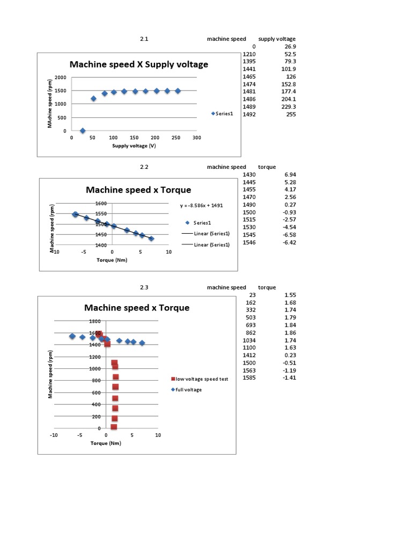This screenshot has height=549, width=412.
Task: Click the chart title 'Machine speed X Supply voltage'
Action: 139,64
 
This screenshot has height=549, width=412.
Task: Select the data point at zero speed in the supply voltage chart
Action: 83,130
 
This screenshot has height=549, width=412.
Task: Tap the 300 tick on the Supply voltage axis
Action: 196,138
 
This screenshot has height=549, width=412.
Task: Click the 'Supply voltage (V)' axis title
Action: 134,145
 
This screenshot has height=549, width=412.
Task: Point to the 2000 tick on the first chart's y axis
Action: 61,78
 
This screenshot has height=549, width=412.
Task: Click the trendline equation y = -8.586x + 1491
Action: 201,205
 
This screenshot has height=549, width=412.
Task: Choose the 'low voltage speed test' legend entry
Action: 201,379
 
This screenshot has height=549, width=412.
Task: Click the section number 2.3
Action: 144,287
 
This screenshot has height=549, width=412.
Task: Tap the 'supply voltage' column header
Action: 277,39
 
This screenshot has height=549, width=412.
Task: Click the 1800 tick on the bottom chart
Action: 94,321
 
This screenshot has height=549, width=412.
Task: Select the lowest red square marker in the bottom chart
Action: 114,427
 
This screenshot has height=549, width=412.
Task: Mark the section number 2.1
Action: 144,39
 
